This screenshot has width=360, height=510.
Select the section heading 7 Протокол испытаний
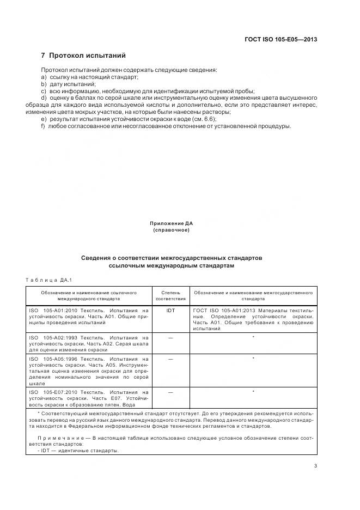(x=83, y=56)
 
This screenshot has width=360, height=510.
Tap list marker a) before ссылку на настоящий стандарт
(x=44, y=77)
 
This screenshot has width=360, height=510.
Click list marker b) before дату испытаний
(x=44, y=84)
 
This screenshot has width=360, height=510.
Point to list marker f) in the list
(x=43, y=126)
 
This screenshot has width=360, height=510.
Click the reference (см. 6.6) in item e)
(x=205, y=119)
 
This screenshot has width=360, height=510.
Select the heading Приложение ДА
(x=172, y=223)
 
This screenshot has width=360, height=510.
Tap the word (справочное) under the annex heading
(x=172, y=230)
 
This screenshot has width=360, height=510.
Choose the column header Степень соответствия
(x=170, y=295)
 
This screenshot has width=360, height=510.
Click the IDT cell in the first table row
(x=170, y=310)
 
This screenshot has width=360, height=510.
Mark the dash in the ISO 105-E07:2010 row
(x=170, y=392)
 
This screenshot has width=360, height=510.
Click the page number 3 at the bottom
(x=315, y=465)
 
